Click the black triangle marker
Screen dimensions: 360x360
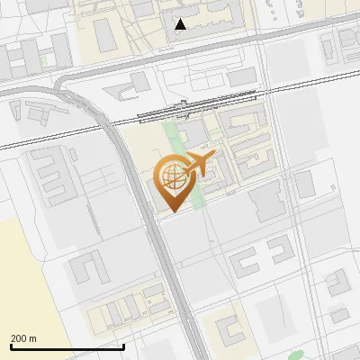(x=181, y=24)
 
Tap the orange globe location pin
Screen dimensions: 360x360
(x=171, y=181)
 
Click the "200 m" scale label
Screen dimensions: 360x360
(x=24, y=338)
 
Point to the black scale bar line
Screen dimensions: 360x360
(x=67, y=346)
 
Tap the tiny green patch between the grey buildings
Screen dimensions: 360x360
(x=43, y=61)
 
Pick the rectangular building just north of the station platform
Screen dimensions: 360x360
(x=242, y=78)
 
